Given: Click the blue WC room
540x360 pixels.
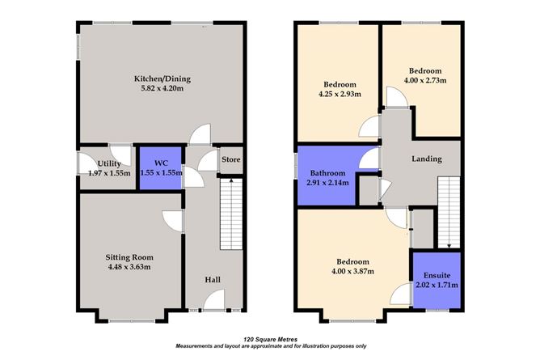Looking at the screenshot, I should (x=160, y=167).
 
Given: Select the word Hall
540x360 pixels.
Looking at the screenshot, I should (x=213, y=279).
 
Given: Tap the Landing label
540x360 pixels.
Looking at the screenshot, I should (x=426, y=159).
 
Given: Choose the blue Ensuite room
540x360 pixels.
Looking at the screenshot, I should (x=437, y=279).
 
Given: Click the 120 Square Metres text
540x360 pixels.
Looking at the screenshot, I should (x=269, y=340).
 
